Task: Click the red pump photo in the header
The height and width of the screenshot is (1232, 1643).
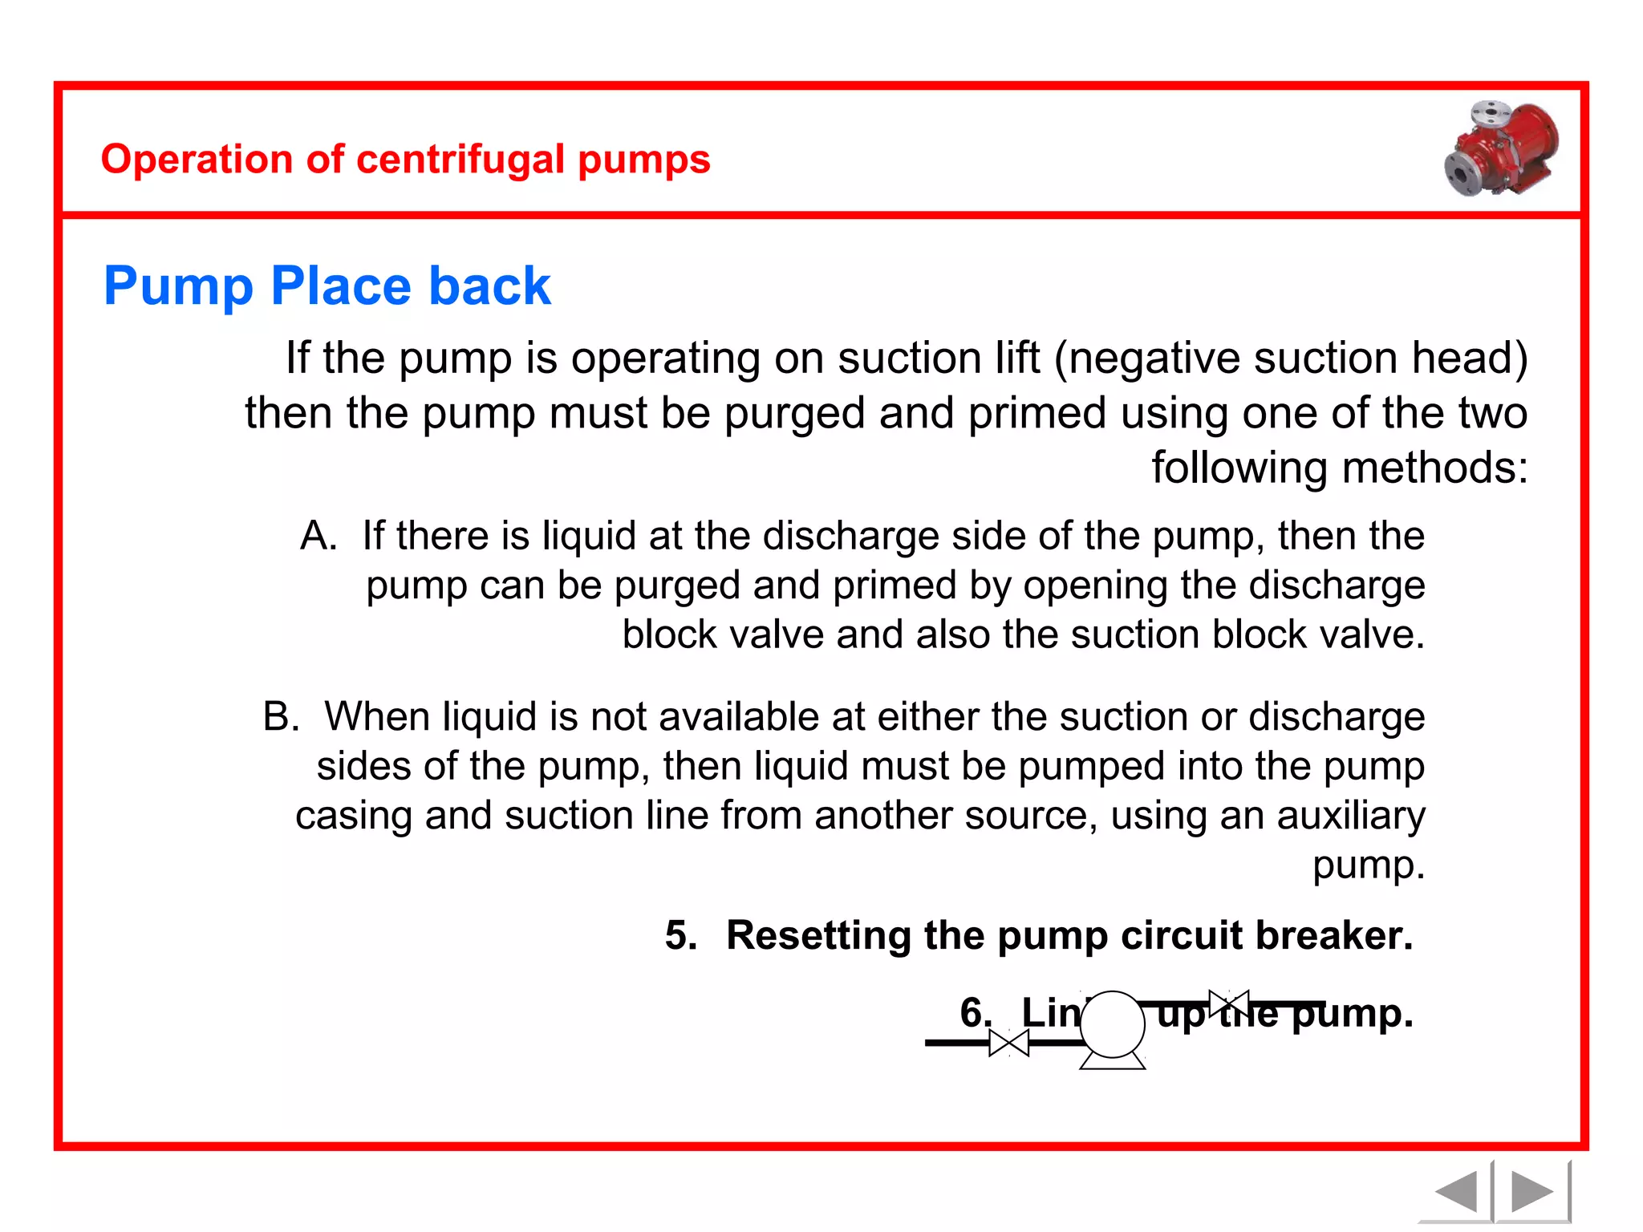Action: [1502, 149]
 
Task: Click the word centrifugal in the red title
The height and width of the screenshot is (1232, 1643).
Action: [460, 160]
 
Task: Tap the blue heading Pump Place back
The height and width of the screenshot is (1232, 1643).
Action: [327, 286]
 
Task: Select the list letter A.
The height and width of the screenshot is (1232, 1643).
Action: [318, 536]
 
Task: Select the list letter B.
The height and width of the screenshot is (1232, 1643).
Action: [281, 716]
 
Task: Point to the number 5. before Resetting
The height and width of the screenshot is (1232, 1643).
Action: [681, 936]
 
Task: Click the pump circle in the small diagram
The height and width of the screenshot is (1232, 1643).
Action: [1113, 1024]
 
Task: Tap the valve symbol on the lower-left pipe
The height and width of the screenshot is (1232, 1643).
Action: [1008, 1043]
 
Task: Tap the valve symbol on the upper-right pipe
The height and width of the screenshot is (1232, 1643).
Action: [1228, 1003]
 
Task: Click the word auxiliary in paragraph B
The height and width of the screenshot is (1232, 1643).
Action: [1351, 816]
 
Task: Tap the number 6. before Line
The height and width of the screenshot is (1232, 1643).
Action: [976, 1013]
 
